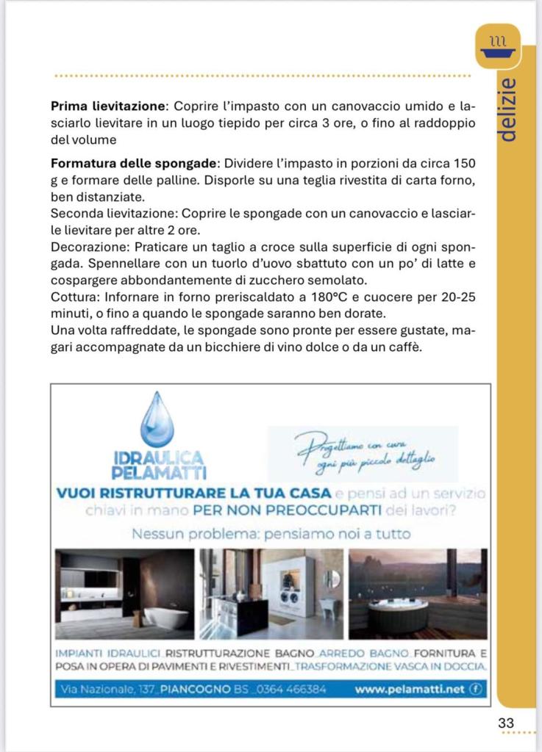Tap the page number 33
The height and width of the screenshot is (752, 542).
[506, 723]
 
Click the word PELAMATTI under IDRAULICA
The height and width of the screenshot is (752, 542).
[158, 472]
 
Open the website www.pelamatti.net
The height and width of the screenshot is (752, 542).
[410, 690]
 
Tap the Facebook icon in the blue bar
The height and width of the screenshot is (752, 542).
[475, 690]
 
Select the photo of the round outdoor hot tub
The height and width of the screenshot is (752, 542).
[418, 594]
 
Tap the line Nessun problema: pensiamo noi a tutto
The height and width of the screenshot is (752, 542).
[271, 534]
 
